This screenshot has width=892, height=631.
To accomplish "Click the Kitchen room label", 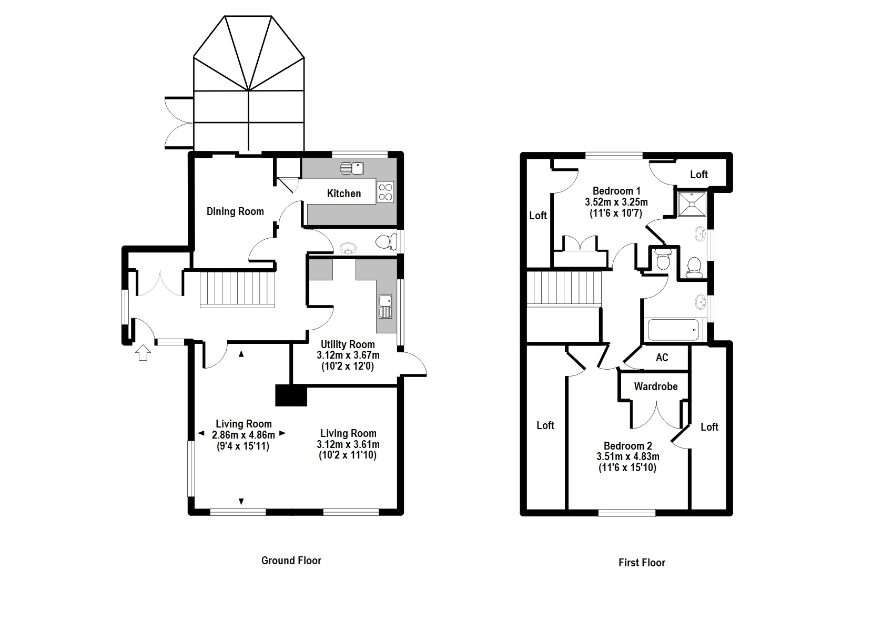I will (x=344, y=194).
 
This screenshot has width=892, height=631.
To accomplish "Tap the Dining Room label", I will (x=235, y=211).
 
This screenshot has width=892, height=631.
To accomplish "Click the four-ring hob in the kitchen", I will (x=386, y=191).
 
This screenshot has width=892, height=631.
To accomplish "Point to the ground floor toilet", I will (x=387, y=242).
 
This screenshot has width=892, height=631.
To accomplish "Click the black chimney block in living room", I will (x=291, y=395).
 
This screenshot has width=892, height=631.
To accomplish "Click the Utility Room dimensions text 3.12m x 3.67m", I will (x=348, y=355).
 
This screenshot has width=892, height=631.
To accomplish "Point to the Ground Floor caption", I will (x=291, y=561).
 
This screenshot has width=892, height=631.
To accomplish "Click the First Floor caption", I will (x=642, y=563).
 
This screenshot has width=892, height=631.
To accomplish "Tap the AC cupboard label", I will (x=662, y=358).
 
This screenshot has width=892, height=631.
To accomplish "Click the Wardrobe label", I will (x=655, y=386).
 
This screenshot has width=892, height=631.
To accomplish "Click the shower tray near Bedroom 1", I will (x=691, y=204).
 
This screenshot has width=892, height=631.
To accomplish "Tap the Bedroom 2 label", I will (x=627, y=446).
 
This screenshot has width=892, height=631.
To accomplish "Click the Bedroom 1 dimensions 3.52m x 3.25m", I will (x=616, y=202).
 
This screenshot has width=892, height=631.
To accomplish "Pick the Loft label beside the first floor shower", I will (x=698, y=175).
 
